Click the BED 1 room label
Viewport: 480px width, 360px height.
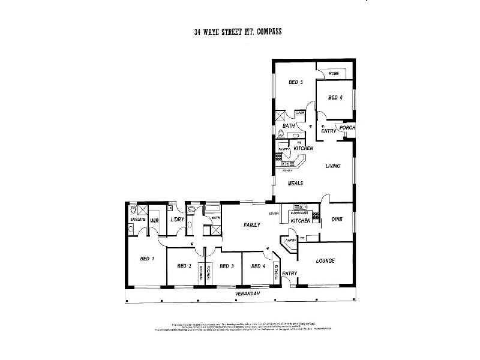148,259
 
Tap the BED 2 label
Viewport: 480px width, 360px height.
184,266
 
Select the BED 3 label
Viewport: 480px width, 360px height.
226,266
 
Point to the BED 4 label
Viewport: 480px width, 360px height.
258,266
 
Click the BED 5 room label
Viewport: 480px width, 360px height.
295,82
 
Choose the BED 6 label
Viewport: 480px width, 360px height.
335,98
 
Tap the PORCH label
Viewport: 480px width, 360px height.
347,128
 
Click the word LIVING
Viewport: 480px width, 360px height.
333,166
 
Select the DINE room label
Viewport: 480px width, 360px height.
337,220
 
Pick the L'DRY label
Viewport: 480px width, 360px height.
176,220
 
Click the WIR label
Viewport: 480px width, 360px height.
155,221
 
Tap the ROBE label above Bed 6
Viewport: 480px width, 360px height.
334,73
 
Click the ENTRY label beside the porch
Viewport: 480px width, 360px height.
328,131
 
